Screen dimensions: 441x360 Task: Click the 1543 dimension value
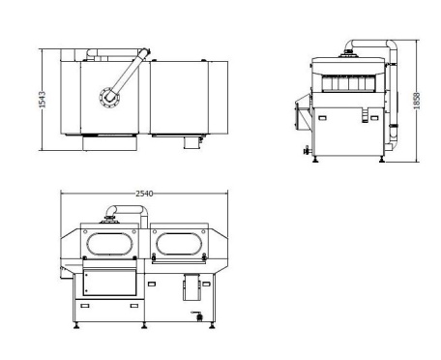pos(43,100)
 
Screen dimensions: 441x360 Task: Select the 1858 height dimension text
pos(417,101)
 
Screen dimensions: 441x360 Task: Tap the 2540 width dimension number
pos(144,194)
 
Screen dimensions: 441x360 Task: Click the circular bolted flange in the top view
pos(109,97)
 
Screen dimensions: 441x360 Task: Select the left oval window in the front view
pos(110,244)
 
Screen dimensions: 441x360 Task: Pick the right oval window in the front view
pos(179,244)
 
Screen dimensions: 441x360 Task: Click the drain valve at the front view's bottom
pos(197,316)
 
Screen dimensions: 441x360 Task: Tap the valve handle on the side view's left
pos(307,150)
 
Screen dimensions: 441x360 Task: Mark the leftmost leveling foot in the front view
pos(76,325)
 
